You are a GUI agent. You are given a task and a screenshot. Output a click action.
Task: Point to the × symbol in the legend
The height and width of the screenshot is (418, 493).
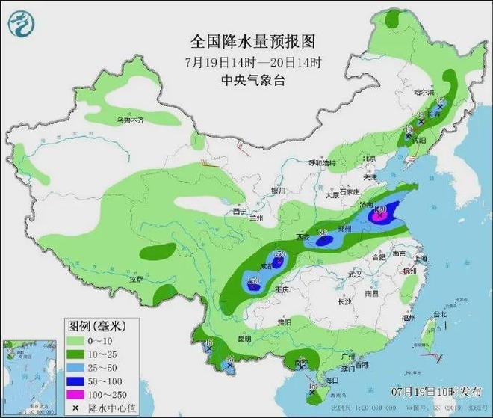(x=76, y=408)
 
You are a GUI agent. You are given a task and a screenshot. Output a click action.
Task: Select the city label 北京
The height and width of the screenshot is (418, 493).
(x=368, y=158)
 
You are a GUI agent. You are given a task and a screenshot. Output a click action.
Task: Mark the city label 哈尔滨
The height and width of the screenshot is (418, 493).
(x=424, y=92)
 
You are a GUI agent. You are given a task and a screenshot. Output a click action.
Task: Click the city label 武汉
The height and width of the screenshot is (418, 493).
(x=354, y=274)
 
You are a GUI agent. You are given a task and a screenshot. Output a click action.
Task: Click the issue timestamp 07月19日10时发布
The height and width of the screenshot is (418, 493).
(x=436, y=391)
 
